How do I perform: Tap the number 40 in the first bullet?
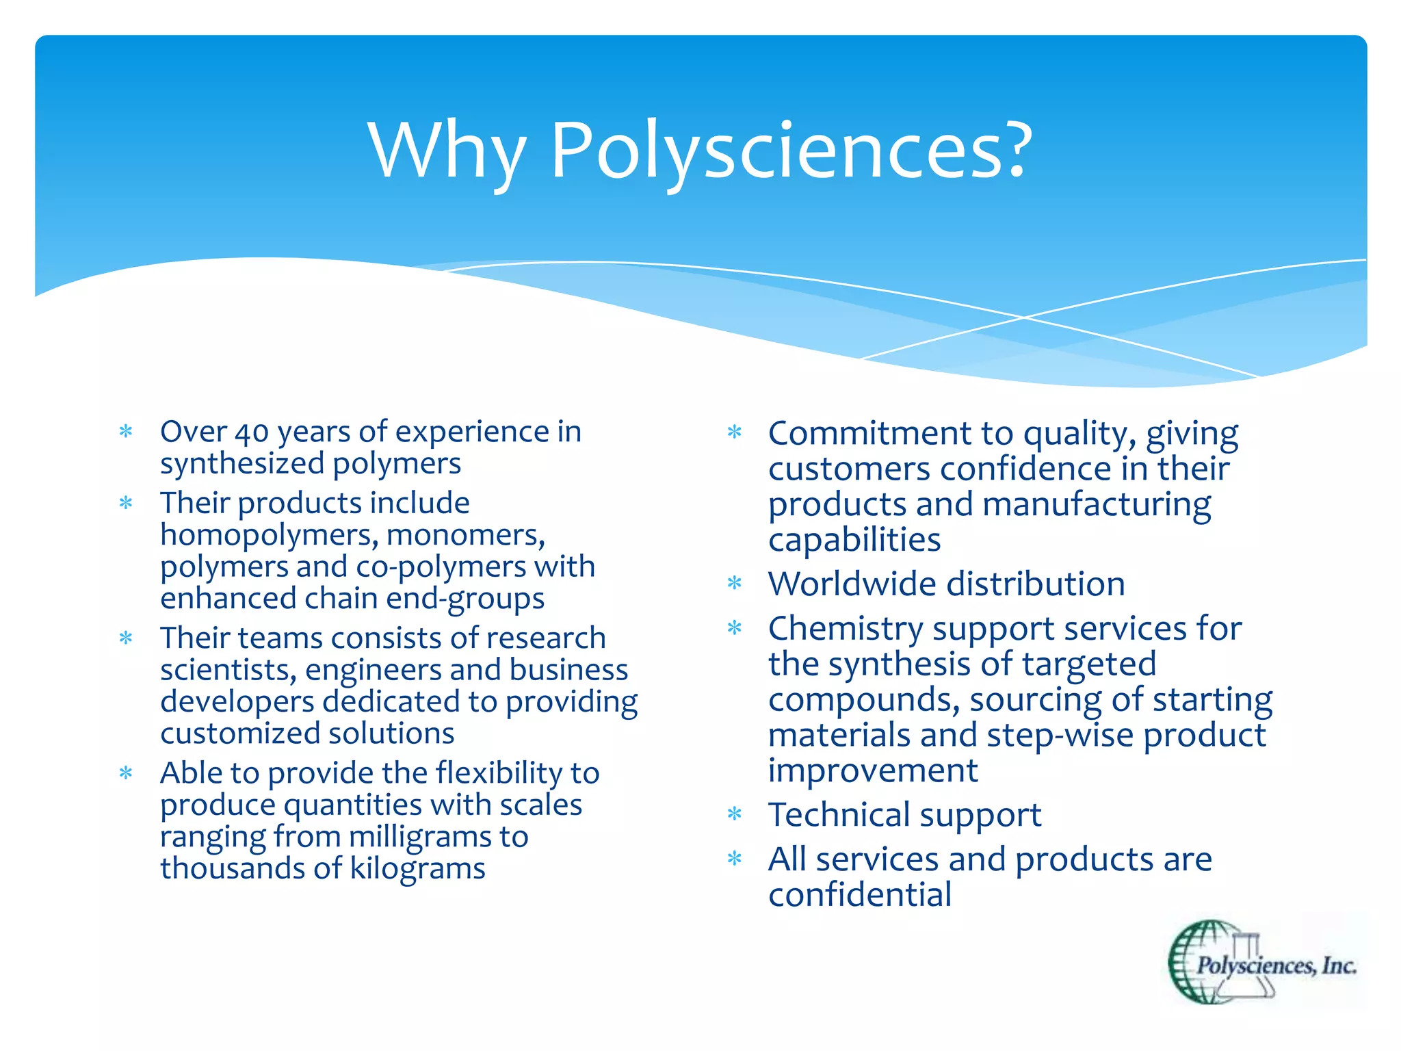pos(252,432)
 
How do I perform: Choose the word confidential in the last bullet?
pos(859,895)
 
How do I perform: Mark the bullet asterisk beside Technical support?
pos(735,814)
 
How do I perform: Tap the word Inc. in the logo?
pos(1338,965)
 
